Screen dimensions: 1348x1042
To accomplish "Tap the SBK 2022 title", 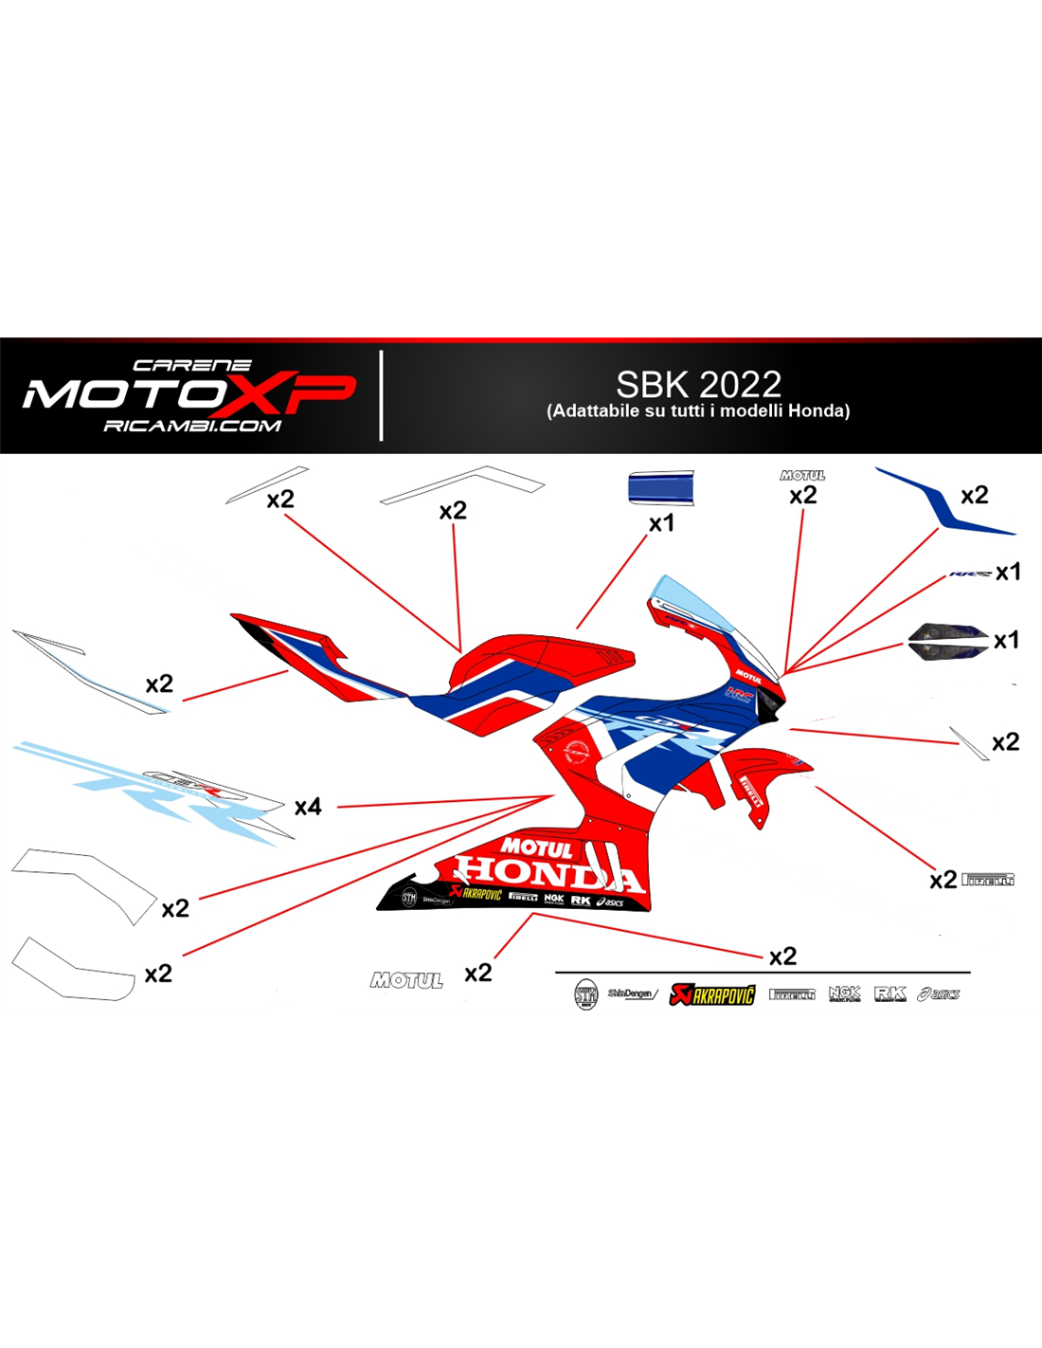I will [x=698, y=384].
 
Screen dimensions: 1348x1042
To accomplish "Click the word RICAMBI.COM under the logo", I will [x=192, y=427].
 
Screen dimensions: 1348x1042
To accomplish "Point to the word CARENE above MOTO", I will [x=192, y=365].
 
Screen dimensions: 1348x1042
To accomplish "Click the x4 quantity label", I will [x=308, y=807].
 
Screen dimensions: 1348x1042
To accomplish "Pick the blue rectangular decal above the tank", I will [x=660, y=487].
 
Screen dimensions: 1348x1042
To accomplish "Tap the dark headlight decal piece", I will [x=946, y=642].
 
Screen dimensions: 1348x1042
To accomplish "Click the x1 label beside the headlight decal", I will [x=1006, y=641].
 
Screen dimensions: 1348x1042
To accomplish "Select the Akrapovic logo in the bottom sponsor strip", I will [x=712, y=993].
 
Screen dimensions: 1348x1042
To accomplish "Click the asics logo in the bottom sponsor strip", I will [x=939, y=993].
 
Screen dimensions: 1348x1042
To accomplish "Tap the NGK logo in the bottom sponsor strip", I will [x=844, y=993].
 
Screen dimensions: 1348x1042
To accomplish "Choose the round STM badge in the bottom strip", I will [x=586, y=994].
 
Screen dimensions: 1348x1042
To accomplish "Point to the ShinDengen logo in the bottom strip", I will [x=632, y=993].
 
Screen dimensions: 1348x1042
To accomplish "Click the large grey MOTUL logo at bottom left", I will [x=406, y=980].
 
